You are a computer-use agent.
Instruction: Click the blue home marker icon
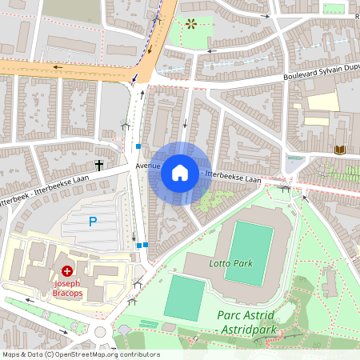pyautogui.click(x=179, y=172)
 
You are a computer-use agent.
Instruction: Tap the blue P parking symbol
pyautogui.click(x=93, y=222)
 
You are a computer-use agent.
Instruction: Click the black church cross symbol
pyautogui.click(x=99, y=166)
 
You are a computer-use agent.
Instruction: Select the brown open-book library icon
pyautogui.click(x=340, y=150)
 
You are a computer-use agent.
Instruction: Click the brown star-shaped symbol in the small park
pyautogui.click(x=190, y=24)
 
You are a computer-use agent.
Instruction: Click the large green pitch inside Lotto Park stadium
pyautogui.click(x=249, y=254)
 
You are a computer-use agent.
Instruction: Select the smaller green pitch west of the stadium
pyautogui.click(x=185, y=298)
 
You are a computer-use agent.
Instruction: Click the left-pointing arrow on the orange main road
pyautogui.click(x=58, y=67)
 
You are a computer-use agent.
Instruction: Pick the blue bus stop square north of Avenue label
pyautogui.click(x=138, y=146)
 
